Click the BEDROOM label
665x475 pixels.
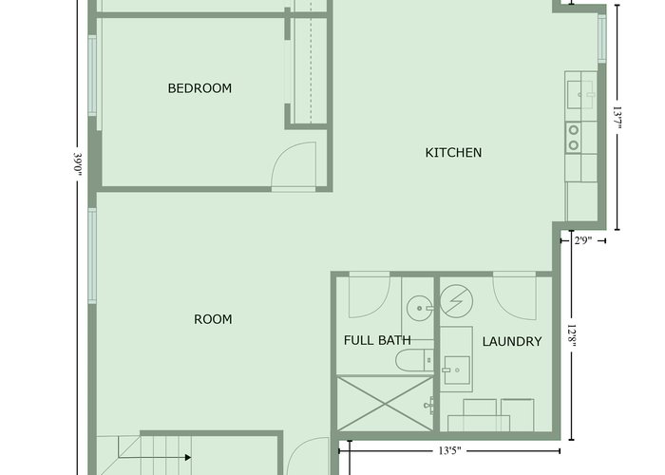tap(199, 88)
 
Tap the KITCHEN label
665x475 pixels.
tap(453, 153)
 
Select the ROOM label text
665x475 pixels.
tap(213, 319)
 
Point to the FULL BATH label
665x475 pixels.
tap(377, 340)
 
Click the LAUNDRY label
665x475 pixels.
tap(512, 341)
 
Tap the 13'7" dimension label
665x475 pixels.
tap(617, 119)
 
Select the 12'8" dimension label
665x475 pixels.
tap(571, 337)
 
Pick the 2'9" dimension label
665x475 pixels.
tap(582, 241)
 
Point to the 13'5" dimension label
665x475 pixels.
tap(449, 450)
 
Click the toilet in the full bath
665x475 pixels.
tap(415, 360)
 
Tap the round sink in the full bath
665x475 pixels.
tap(419, 309)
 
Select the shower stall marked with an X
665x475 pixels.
tap(385, 404)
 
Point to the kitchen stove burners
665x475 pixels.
tap(574, 138)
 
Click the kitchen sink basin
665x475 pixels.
tap(579, 94)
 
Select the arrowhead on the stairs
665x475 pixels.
tap(188, 457)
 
